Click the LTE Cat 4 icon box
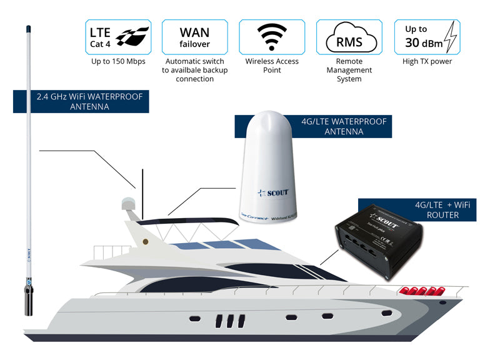[118, 36]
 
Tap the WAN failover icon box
[195, 36]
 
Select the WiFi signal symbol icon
[272, 37]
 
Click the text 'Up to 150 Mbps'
[118, 62]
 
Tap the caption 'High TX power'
[426, 62]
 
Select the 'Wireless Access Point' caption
[272, 66]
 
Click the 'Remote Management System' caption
[349, 70]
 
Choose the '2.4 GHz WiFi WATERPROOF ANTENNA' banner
[81, 102]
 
